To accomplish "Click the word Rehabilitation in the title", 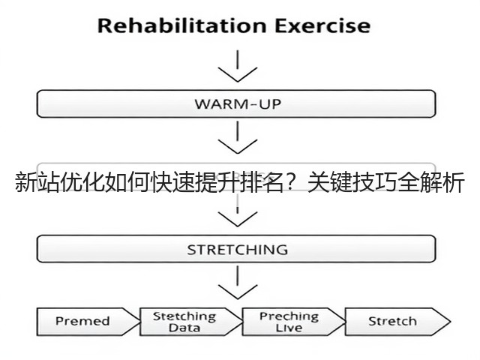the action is [x=181, y=25].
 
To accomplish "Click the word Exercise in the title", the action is [x=322, y=25].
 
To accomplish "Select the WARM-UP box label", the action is [x=238, y=104].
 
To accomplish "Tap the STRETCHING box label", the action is [x=238, y=250].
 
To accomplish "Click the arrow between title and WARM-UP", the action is [x=238, y=66].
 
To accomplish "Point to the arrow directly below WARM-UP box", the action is [x=238, y=137].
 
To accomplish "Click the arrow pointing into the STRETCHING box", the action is [x=238, y=211].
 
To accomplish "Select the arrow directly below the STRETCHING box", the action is [x=238, y=282].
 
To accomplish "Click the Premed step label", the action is [x=82, y=321].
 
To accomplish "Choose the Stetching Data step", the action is [x=184, y=322].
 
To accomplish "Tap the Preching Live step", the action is [x=289, y=322].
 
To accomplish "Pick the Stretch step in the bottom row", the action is [x=392, y=321].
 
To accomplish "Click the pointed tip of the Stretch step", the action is [x=450, y=322].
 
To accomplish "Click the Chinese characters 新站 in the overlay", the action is [x=37, y=182].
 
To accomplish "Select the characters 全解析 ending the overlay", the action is [x=432, y=182].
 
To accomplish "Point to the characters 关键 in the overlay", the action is [x=330, y=182].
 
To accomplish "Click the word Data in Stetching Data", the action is [x=184, y=328].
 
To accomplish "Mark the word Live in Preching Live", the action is [x=289, y=328].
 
